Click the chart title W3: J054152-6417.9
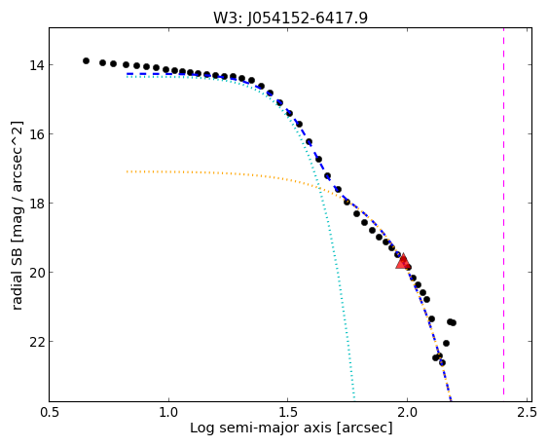point(290,18)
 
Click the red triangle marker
point(403,261)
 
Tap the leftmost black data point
point(86,60)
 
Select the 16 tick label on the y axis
point(35,134)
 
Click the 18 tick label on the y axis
point(35,204)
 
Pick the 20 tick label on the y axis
point(35,272)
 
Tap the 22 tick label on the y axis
point(35,342)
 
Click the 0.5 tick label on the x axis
point(50,412)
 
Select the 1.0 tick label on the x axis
point(168,412)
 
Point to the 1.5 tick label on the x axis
point(288,412)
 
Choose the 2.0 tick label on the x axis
point(407,412)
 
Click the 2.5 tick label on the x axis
point(527,412)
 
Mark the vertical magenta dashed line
point(503,211)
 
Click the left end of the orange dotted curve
point(127,171)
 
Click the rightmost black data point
point(453,323)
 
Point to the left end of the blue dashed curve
point(128,74)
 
